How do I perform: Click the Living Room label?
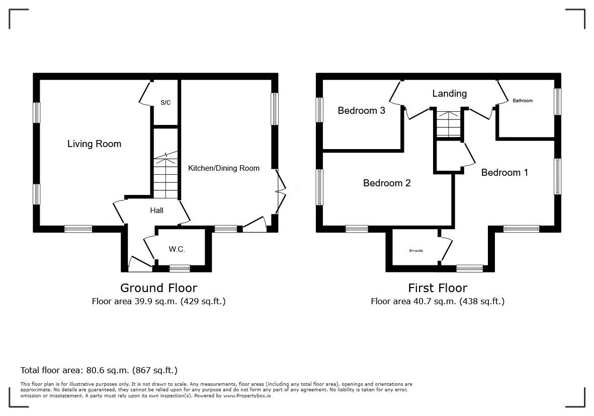[95, 144]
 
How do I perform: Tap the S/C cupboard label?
[165, 103]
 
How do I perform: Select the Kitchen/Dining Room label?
[224, 168]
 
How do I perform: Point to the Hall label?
[157, 210]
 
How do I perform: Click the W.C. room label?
[177, 249]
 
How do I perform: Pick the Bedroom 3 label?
[362, 110]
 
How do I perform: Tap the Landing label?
[450, 93]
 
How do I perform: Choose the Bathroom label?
[523, 101]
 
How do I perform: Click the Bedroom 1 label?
[504, 173]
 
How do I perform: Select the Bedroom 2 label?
[387, 183]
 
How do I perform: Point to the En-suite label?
[416, 251]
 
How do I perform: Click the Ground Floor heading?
[159, 288]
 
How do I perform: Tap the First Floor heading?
[438, 288]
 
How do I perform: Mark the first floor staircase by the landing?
[449, 124]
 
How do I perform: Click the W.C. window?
[180, 268]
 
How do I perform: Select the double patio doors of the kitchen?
[280, 192]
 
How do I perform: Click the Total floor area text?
[99, 370]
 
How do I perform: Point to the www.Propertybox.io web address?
[247, 395]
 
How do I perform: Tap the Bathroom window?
[558, 102]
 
